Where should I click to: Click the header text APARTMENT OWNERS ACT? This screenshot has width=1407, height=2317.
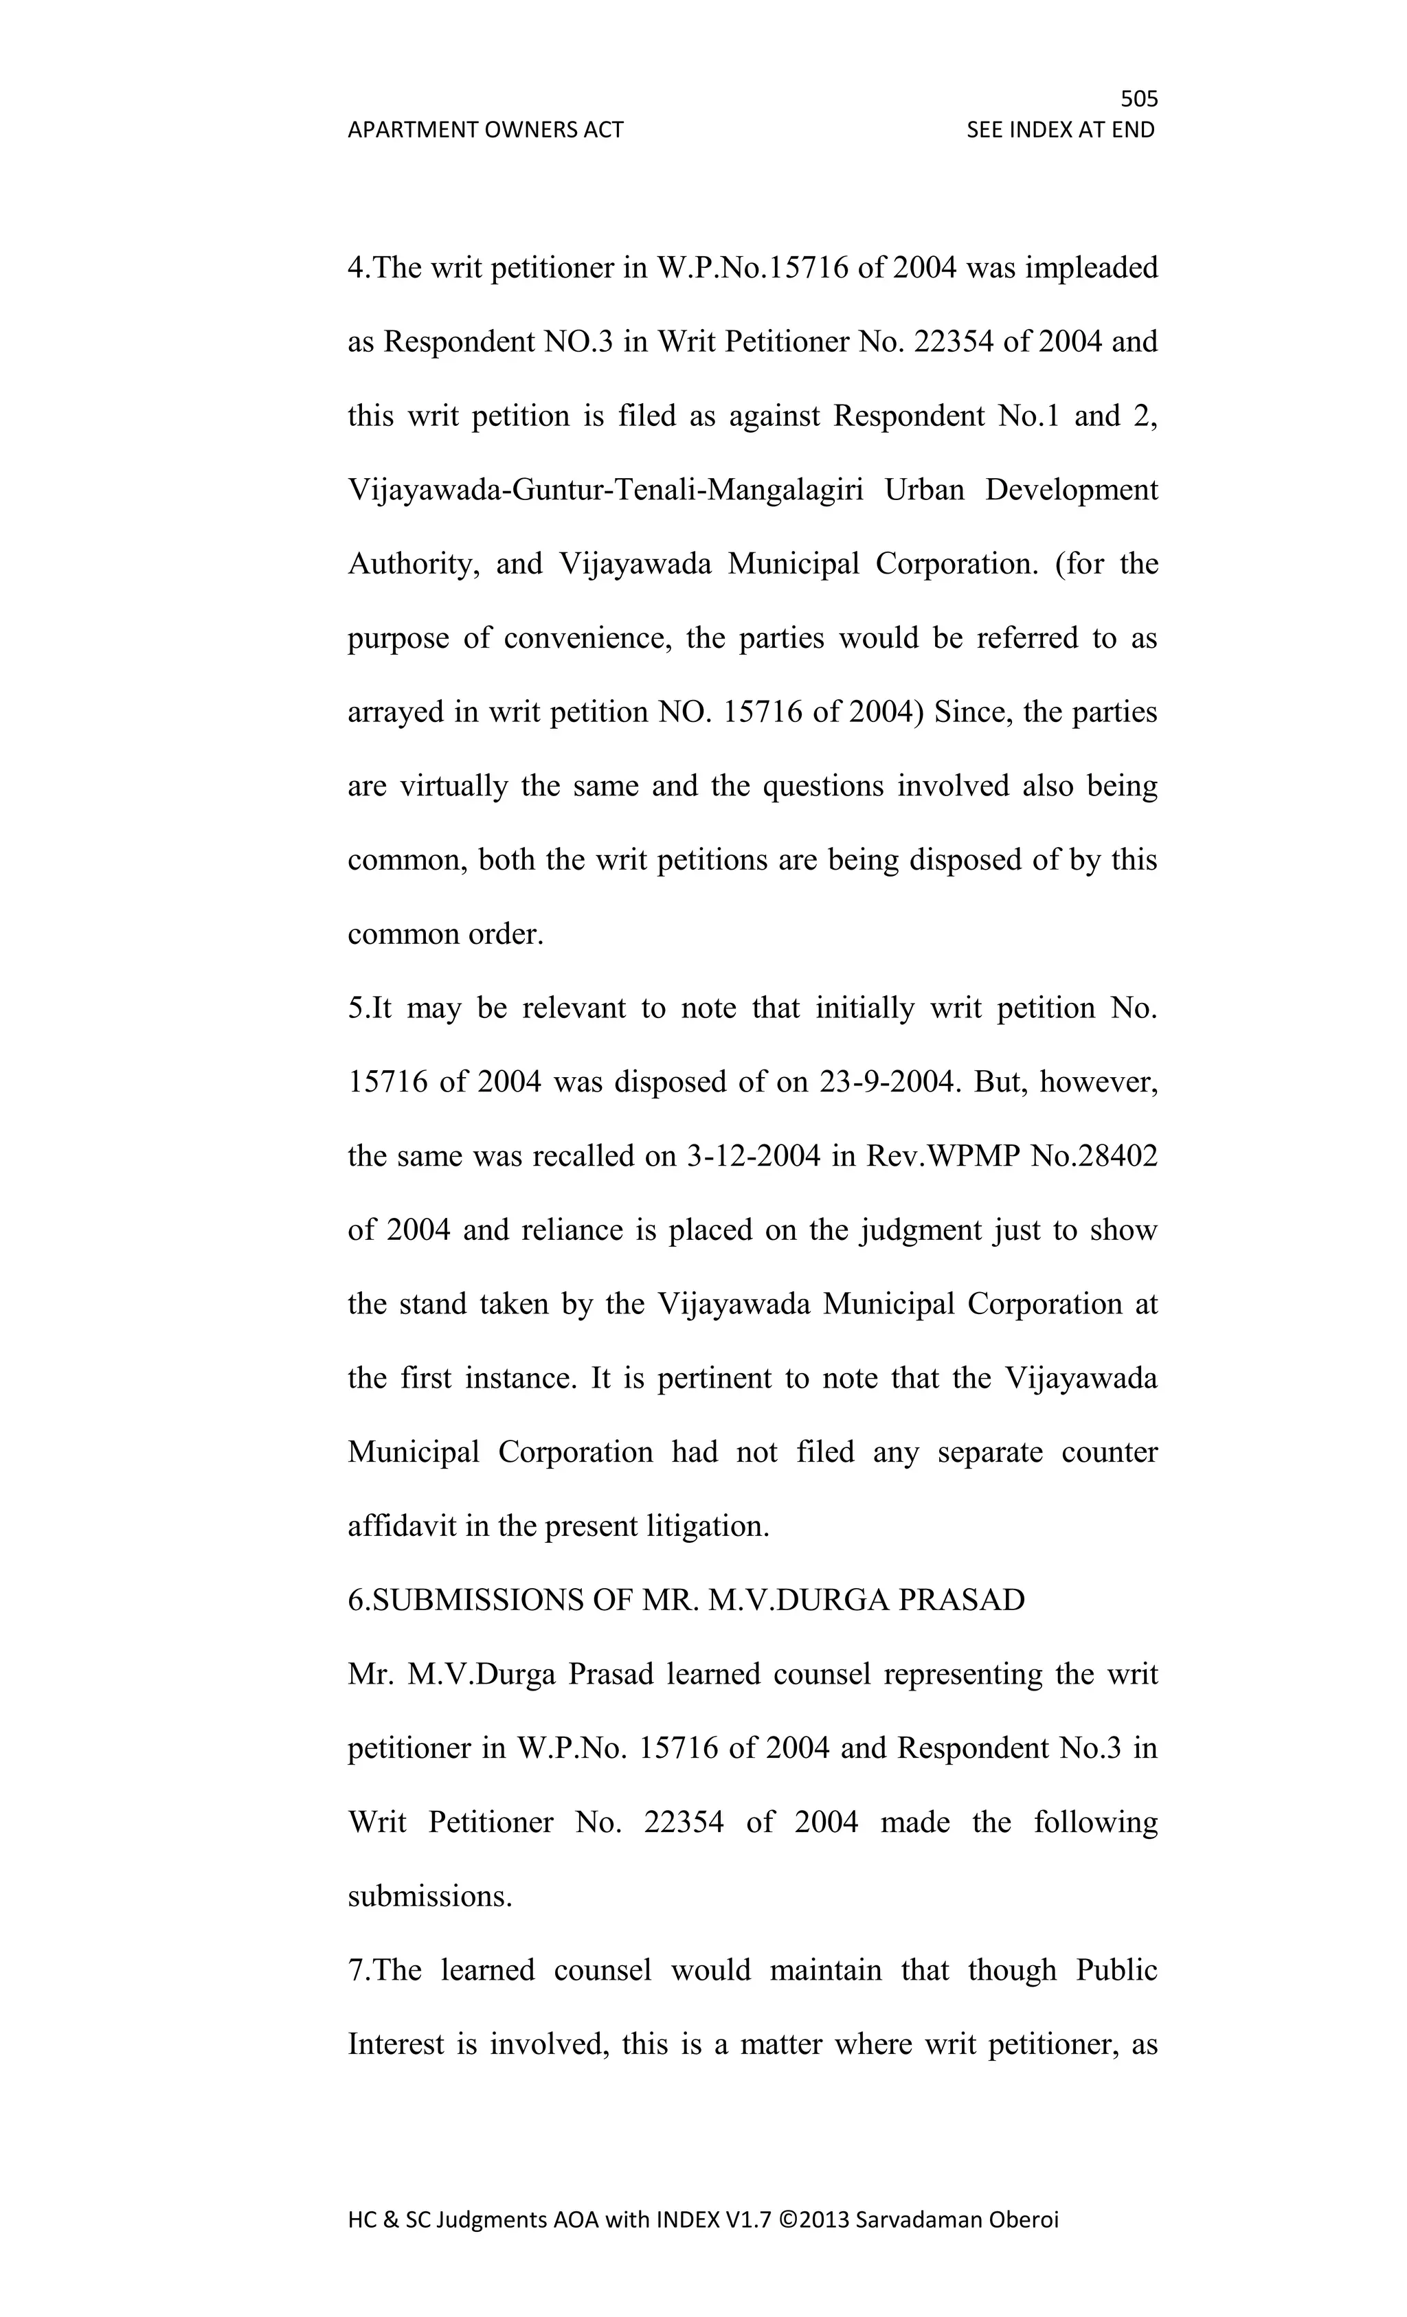tap(485, 130)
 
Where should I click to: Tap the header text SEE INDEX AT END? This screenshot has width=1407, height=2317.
tap(1060, 130)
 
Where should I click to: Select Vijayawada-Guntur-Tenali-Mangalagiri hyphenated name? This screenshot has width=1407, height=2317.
tap(606, 490)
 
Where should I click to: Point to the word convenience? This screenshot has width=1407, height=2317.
tap(587, 638)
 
